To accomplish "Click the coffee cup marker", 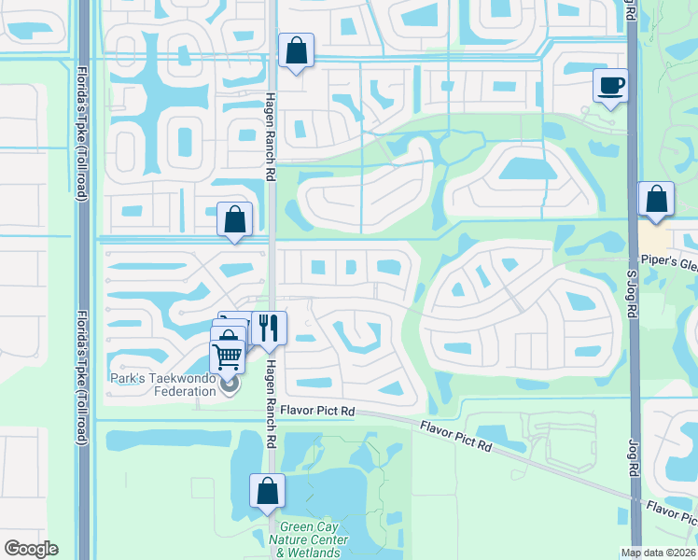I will tap(610, 87).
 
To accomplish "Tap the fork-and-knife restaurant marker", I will tap(269, 327).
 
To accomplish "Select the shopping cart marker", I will tap(228, 356).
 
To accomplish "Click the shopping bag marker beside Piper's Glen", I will tap(656, 200).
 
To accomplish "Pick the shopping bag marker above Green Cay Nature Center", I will tap(267, 490).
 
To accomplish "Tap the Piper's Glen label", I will tap(668, 263).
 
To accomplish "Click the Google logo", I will tap(31, 549).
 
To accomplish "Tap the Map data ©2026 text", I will tap(658, 553).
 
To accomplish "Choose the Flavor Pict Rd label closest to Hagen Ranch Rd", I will tap(321, 411).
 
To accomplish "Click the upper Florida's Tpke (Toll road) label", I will tap(82, 122).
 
